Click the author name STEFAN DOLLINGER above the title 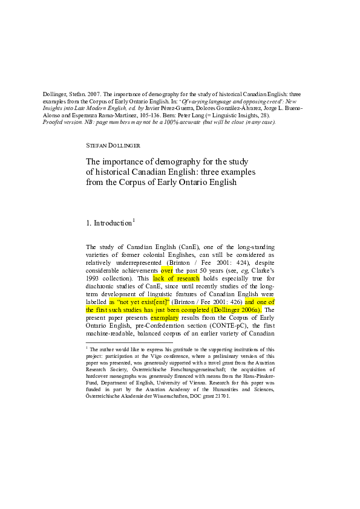[x=113, y=146]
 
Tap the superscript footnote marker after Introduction [x=134, y=221]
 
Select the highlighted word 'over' [x=166, y=270]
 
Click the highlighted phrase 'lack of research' [x=176, y=278]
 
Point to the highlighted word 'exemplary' [x=165, y=317]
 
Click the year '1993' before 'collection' [x=92, y=278]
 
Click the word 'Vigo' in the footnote [x=156, y=356]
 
